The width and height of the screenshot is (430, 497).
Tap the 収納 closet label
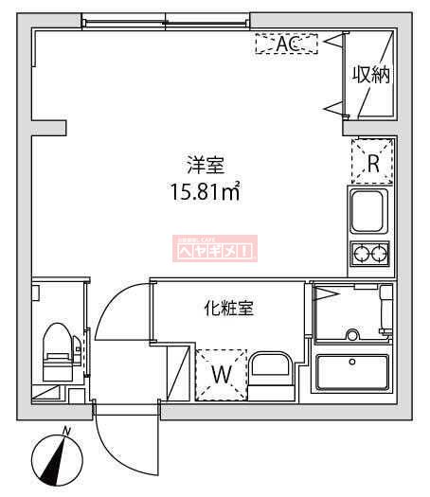[372, 75]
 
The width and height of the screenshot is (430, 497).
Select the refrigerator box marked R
[372, 162]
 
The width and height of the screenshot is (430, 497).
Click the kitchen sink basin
[369, 210]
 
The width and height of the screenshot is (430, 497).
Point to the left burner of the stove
[361, 253]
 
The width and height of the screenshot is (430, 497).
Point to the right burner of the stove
[380, 253]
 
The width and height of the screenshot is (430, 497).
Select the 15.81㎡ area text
[203, 193]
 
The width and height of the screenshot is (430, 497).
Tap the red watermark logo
[214, 249]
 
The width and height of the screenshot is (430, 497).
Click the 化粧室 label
[228, 308]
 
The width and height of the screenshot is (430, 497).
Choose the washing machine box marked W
[221, 372]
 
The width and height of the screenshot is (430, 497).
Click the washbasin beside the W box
[274, 372]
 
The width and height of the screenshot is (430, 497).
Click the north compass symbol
[57, 463]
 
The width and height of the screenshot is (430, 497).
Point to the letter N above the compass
[66, 432]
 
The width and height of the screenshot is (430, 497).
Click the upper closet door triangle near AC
[332, 42]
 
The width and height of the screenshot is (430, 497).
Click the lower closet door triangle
[332, 109]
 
